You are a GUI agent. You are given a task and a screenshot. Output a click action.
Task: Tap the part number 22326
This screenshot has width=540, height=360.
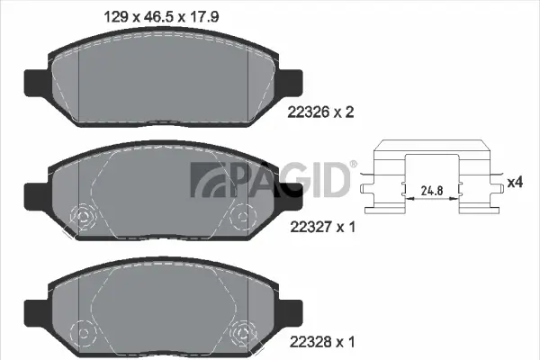310,112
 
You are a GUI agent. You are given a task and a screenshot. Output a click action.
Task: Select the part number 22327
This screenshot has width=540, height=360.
310,228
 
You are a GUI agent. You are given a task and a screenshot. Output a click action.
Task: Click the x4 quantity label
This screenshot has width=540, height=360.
515,183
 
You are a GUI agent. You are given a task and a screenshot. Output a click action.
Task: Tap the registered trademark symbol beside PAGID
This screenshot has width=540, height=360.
353,164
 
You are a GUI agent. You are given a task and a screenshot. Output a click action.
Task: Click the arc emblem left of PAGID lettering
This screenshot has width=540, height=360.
202,179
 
